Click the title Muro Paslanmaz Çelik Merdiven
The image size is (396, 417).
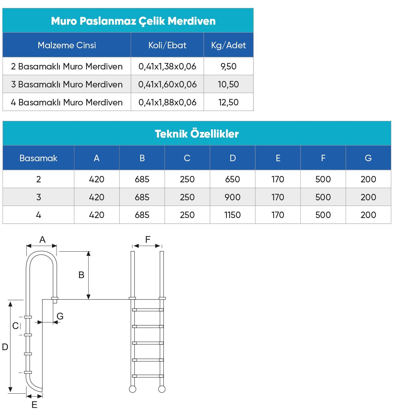(x=133, y=21)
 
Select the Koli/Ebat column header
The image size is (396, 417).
(x=167, y=45)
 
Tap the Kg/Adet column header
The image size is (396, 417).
(x=228, y=45)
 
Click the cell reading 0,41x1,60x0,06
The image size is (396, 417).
(x=167, y=84)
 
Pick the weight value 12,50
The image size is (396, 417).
(x=228, y=102)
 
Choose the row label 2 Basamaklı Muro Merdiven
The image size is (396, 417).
(x=67, y=66)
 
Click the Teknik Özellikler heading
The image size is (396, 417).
(x=197, y=134)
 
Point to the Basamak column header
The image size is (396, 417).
(x=38, y=158)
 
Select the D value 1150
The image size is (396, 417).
(x=232, y=215)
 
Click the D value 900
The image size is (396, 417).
(x=232, y=197)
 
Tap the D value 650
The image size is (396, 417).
(x=232, y=179)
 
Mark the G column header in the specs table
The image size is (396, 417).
(x=368, y=158)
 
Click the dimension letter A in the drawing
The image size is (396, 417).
(x=42, y=239)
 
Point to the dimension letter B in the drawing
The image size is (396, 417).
(x=81, y=275)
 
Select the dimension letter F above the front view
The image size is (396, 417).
(x=148, y=239)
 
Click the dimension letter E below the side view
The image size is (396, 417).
(x=34, y=405)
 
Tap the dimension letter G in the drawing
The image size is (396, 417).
(x=60, y=316)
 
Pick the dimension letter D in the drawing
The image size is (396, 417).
(x=5, y=347)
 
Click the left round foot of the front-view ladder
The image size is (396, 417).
(x=132, y=389)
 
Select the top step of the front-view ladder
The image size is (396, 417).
(x=148, y=310)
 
